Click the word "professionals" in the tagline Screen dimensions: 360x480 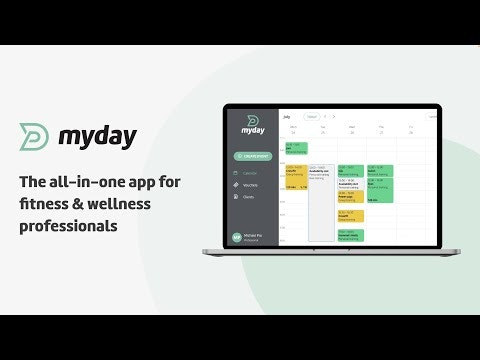(x=69, y=226)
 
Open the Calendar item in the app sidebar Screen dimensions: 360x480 (x=250, y=174)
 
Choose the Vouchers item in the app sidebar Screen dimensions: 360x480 (x=250, y=185)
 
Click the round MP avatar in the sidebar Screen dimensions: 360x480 (x=237, y=238)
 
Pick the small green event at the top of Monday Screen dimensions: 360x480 (x=296, y=148)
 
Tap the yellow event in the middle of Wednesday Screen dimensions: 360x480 (x=350, y=214)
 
